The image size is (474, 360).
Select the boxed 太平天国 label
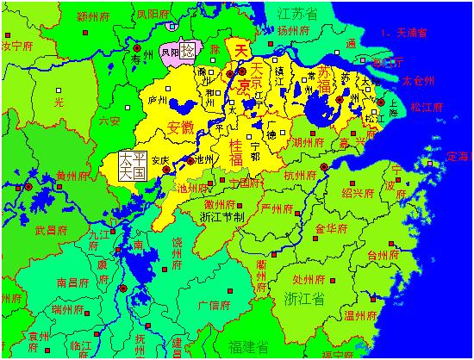point(132,166)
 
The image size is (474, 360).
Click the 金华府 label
point(330,229)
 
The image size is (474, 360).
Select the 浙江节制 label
point(222,217)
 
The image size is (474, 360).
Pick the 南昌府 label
point(73,282)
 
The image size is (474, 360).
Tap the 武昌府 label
point(51,230)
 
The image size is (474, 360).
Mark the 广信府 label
point(215,305)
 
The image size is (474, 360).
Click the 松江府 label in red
point(427,108)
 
